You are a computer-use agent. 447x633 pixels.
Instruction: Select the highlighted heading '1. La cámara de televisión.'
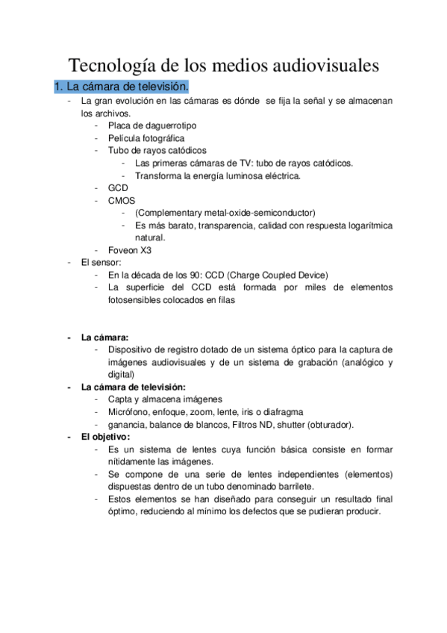[x=121, y=87]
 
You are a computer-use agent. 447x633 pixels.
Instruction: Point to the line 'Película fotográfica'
[x=146, y=138]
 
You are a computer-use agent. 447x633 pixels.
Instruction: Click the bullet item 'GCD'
[x=118, y=188]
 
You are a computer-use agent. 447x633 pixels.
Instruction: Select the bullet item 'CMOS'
[x=122, y=201]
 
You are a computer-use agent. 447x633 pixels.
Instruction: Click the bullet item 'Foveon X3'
[x=130, y=250]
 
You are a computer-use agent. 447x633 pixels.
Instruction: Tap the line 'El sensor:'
[x=101, y=262]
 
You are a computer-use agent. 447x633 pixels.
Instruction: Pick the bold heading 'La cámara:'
[x=104, y=337]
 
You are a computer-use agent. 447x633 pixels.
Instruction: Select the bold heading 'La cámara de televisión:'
[x=133, y=387]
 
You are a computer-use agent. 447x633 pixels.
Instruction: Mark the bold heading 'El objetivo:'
[x=105, y=437]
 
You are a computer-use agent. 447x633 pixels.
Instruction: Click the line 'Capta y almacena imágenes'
[x=165, y=399]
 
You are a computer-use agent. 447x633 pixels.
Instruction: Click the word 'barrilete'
[x=310, y=487]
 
